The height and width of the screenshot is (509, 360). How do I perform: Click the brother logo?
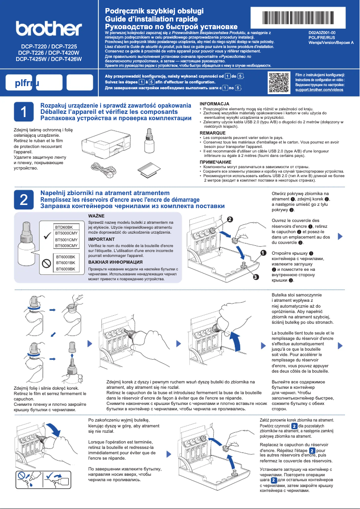48,29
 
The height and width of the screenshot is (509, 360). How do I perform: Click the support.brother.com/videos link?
319,90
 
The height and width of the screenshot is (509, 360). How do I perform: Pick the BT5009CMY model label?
66,246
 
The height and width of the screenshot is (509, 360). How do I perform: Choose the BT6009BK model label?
65,269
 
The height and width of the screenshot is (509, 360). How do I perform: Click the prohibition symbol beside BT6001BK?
45,263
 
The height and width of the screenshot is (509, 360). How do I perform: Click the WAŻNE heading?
96,217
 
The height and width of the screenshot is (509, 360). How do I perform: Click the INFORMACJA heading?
214,104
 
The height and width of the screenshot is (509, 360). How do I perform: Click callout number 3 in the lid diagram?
255,277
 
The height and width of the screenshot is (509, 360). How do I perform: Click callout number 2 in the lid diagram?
230,220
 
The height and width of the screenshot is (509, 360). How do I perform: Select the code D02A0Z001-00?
322,33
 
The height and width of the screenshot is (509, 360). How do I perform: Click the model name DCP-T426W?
66,59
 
